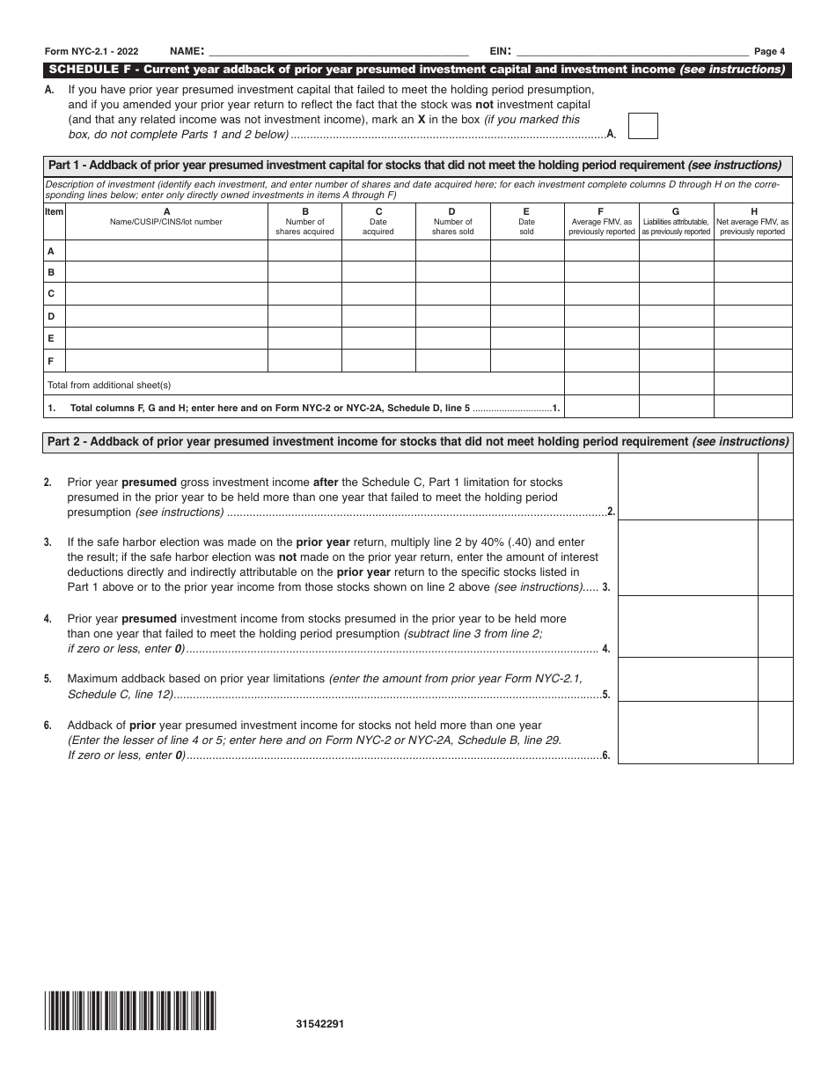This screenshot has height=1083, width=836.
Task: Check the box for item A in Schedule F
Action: [643, 126]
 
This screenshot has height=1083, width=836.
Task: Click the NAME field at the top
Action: [339, 51]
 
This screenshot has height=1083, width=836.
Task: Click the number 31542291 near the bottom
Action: [320, 1024]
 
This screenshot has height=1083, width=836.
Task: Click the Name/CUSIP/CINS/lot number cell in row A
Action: [166, 250]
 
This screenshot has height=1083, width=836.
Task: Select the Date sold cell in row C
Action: [526, 294]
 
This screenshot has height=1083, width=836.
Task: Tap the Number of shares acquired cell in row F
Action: [304, 361]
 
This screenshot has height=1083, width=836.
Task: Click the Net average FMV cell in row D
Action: [753, 316]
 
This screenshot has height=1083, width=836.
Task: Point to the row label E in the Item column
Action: [51, 339]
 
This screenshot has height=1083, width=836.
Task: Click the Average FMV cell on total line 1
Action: [601, 407]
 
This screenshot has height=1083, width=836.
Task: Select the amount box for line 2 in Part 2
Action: [688, 486]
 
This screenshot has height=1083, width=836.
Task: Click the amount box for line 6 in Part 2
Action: [688, 730]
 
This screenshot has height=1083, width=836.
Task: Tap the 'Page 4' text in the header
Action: [769, 51]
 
